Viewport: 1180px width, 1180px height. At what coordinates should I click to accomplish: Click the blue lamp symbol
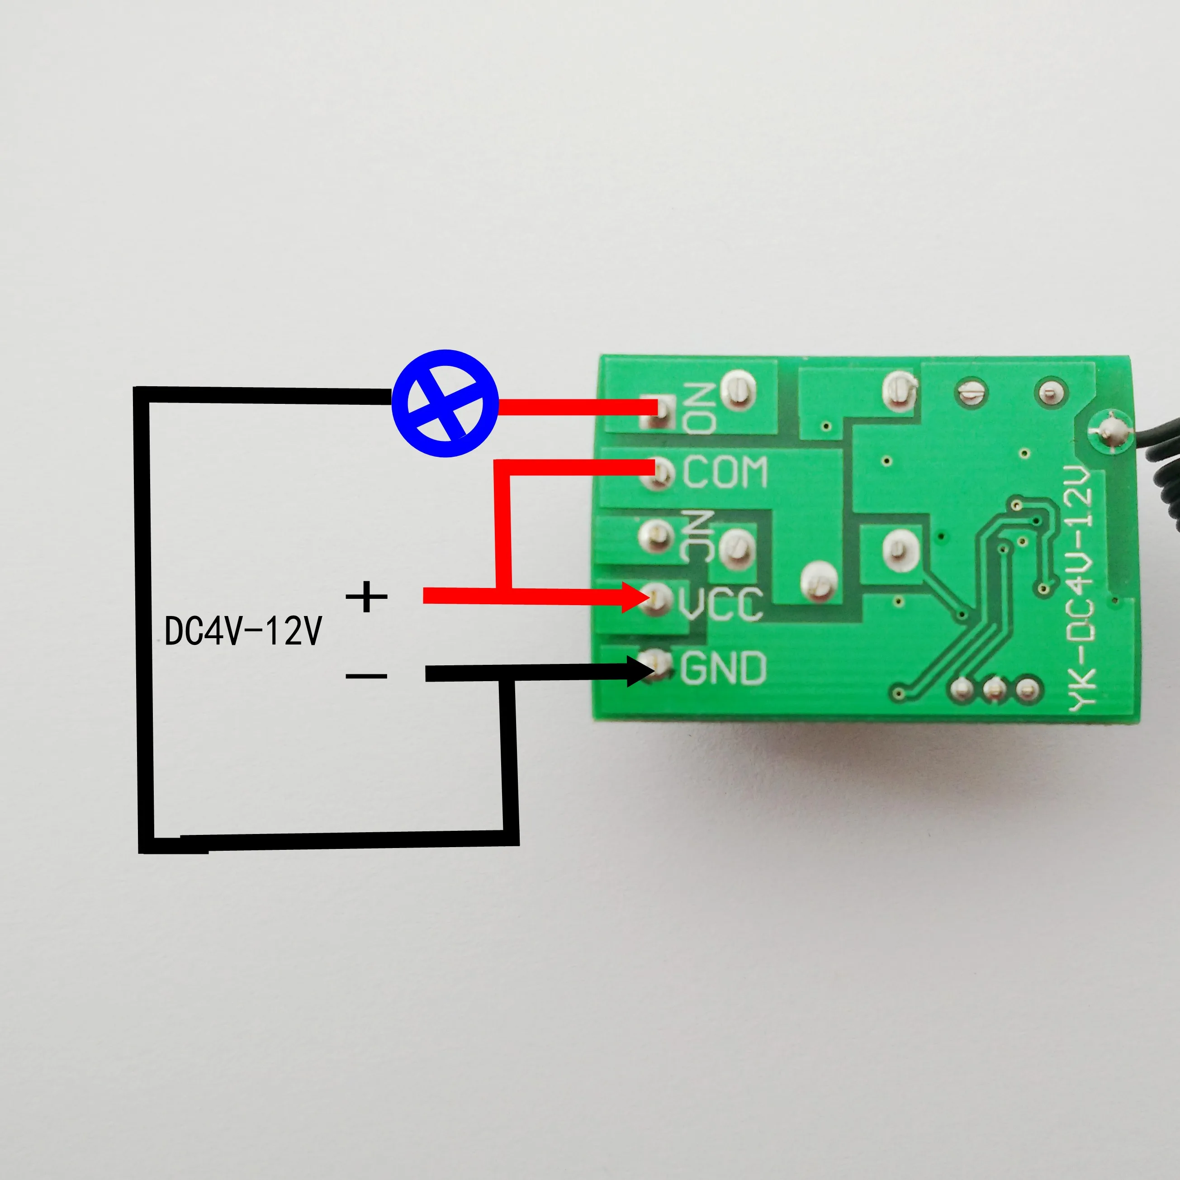445,403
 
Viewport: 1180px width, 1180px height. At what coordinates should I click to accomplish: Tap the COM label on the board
725,472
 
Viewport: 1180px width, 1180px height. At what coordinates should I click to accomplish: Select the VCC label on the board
720,603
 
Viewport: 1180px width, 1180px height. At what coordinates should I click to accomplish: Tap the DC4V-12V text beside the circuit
242,631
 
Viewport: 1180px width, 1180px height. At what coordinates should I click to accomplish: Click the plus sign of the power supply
366,597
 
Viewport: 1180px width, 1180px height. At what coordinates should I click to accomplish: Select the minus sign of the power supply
366,676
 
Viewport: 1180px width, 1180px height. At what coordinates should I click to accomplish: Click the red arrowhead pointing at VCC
635,597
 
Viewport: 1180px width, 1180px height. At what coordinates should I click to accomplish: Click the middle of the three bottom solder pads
994,690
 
